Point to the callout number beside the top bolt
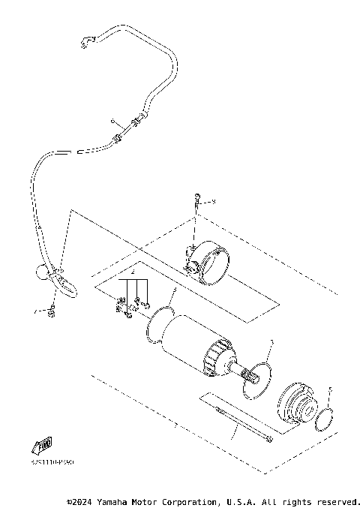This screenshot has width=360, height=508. [x=213, y=201]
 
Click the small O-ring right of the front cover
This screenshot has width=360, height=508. [x=325, y=420]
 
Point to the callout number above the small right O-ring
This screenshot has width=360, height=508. [x=330, y=389]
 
